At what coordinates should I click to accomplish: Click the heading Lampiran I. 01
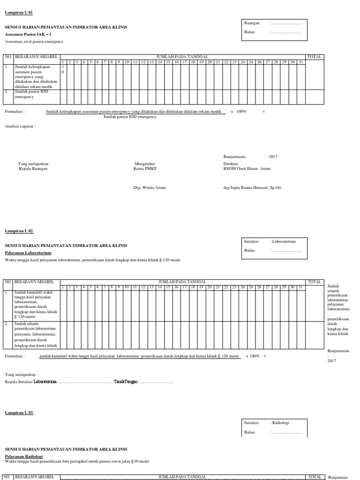19,13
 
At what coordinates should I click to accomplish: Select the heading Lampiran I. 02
19,231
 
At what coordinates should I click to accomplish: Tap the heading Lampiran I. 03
19,412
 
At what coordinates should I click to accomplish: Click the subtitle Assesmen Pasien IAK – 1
28,35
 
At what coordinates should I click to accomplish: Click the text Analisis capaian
20,126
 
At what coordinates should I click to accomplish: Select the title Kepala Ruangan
33,168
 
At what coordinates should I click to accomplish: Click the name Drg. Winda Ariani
150,187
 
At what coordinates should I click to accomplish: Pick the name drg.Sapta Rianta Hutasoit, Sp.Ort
252,187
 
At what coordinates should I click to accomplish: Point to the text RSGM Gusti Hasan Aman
247,168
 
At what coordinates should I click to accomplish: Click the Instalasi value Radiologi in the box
281,422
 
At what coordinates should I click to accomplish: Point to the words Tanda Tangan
125,382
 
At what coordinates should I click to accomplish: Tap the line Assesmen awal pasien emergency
34,42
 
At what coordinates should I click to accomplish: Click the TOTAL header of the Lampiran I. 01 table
314,57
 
